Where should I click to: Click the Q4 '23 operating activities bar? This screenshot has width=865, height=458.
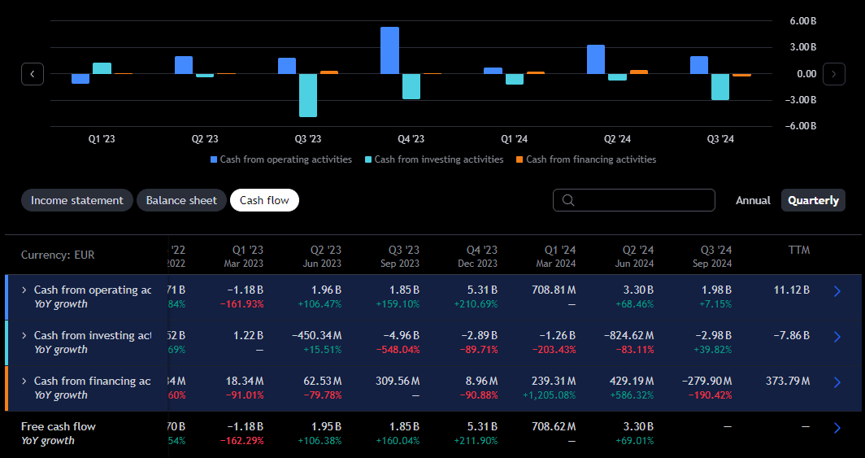pyautogui.click(x=390, y=50)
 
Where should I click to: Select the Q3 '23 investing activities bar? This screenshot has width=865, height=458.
pyautogui.click(x=308, y=95)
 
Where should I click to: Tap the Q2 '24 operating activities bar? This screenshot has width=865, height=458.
pyautogui.click(x=596, y=59)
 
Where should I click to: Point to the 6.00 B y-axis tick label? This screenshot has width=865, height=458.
pyautogui.click(x=802, y=21)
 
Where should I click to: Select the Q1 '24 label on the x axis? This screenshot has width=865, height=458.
pyautogui.click(x=514, y=139)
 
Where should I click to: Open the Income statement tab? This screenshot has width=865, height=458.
pyautogui.click(x=77, y=200)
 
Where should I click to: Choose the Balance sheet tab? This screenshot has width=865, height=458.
pyautogui.click(x=181, y=200)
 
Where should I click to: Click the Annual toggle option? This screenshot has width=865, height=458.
pyautogui.click(x=753, y=200)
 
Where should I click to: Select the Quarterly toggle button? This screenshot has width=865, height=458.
pyautogui.click(x=813, y=200)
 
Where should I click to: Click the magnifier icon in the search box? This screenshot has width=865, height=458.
pyautogui.click(x=568, y=200)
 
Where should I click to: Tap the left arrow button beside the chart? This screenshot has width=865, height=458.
pyautogui.click(x=32, y=74)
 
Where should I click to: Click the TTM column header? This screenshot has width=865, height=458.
pyautogui.click(x=798, y=251)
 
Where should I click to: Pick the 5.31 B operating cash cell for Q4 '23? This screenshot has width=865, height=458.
pyautogui.click(x=480, y=290)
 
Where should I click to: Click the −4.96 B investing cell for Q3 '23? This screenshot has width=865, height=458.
pyautogui.click(x=402, y=335)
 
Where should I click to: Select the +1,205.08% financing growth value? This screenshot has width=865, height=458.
pyautogui.click(x=549, y=395)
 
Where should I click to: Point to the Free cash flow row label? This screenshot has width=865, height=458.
pyautogui.click(x=59, y=426)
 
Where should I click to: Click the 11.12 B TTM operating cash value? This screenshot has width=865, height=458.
pyautogui.click(x=793, y=290)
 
